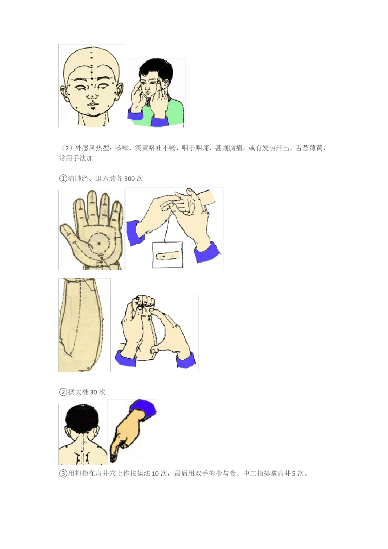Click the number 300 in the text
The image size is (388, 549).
(129, 179)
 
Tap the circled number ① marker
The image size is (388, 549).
(63, 179)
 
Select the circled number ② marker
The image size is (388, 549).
(63, 392)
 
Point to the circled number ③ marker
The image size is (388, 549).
(63, 474)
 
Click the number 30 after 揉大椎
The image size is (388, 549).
(94, 392)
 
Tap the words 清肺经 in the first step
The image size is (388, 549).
(78, 179)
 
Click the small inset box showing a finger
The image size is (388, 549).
(167, 255)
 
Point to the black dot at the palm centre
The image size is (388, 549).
(99, 243)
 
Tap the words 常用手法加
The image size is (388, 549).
(76, 158)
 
